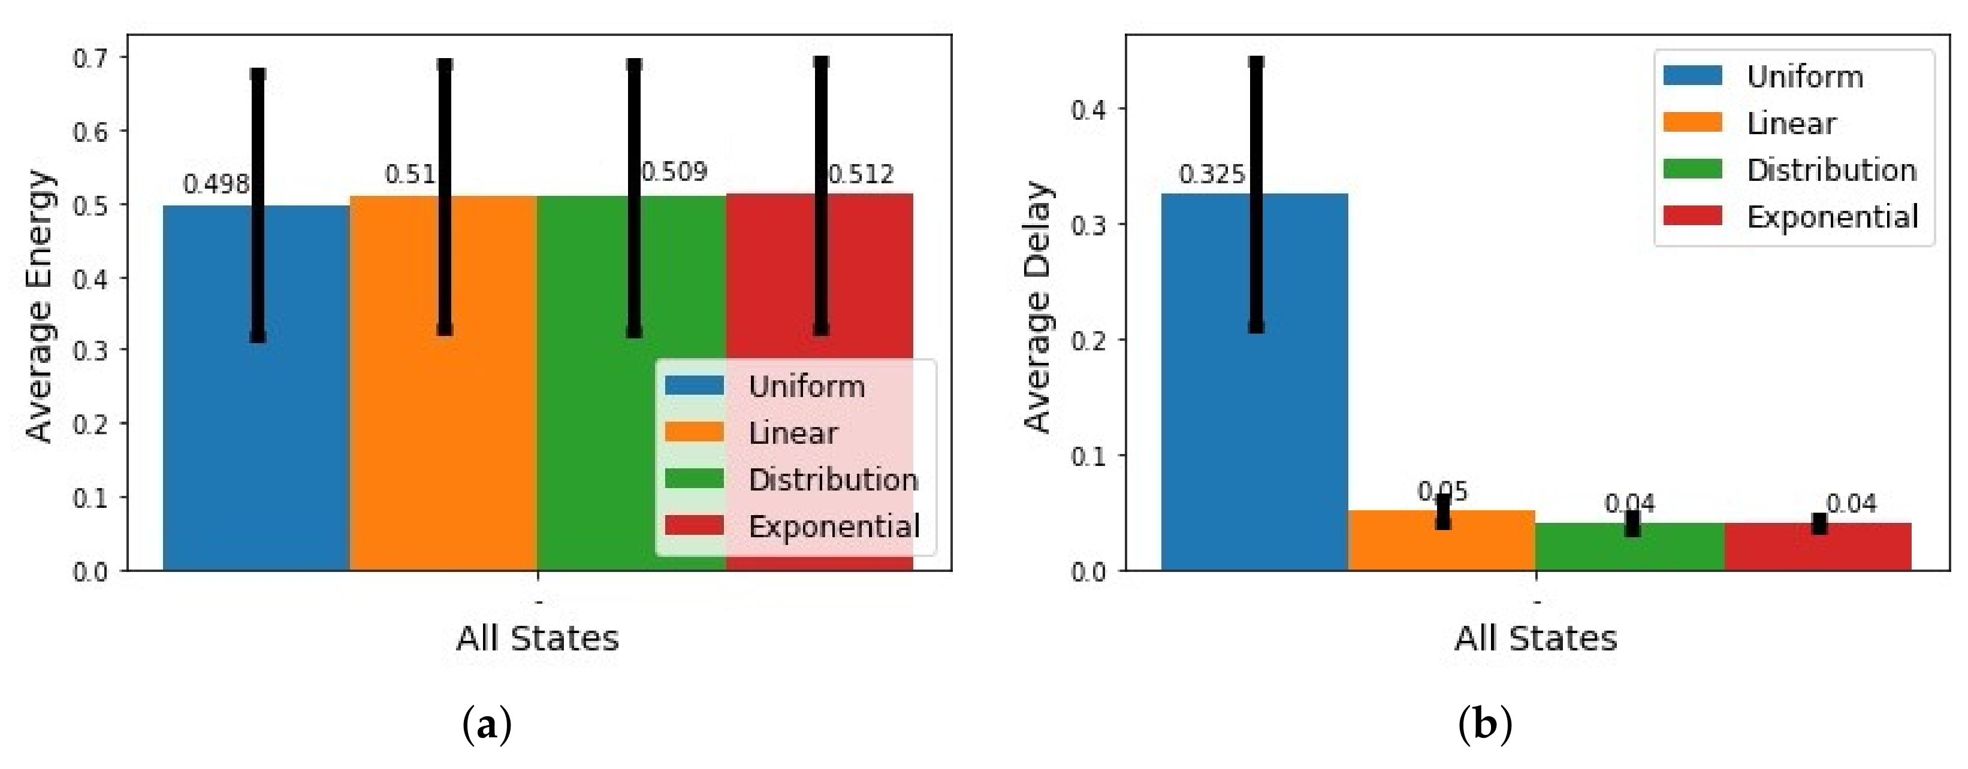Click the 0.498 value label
click(216, 184)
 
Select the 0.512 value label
click(862, 174)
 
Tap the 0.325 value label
click(1212, 175)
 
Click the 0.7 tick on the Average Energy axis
click(89, 58)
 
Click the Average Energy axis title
click(40, 305)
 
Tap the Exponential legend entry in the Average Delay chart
click(1832, 217)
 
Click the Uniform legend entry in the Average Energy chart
click(806, 386)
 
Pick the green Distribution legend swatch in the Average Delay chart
click(1692, 169)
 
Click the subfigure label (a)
click(487, 725)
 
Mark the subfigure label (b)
click(1484, 725)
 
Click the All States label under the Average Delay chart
click(1535, 638)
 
